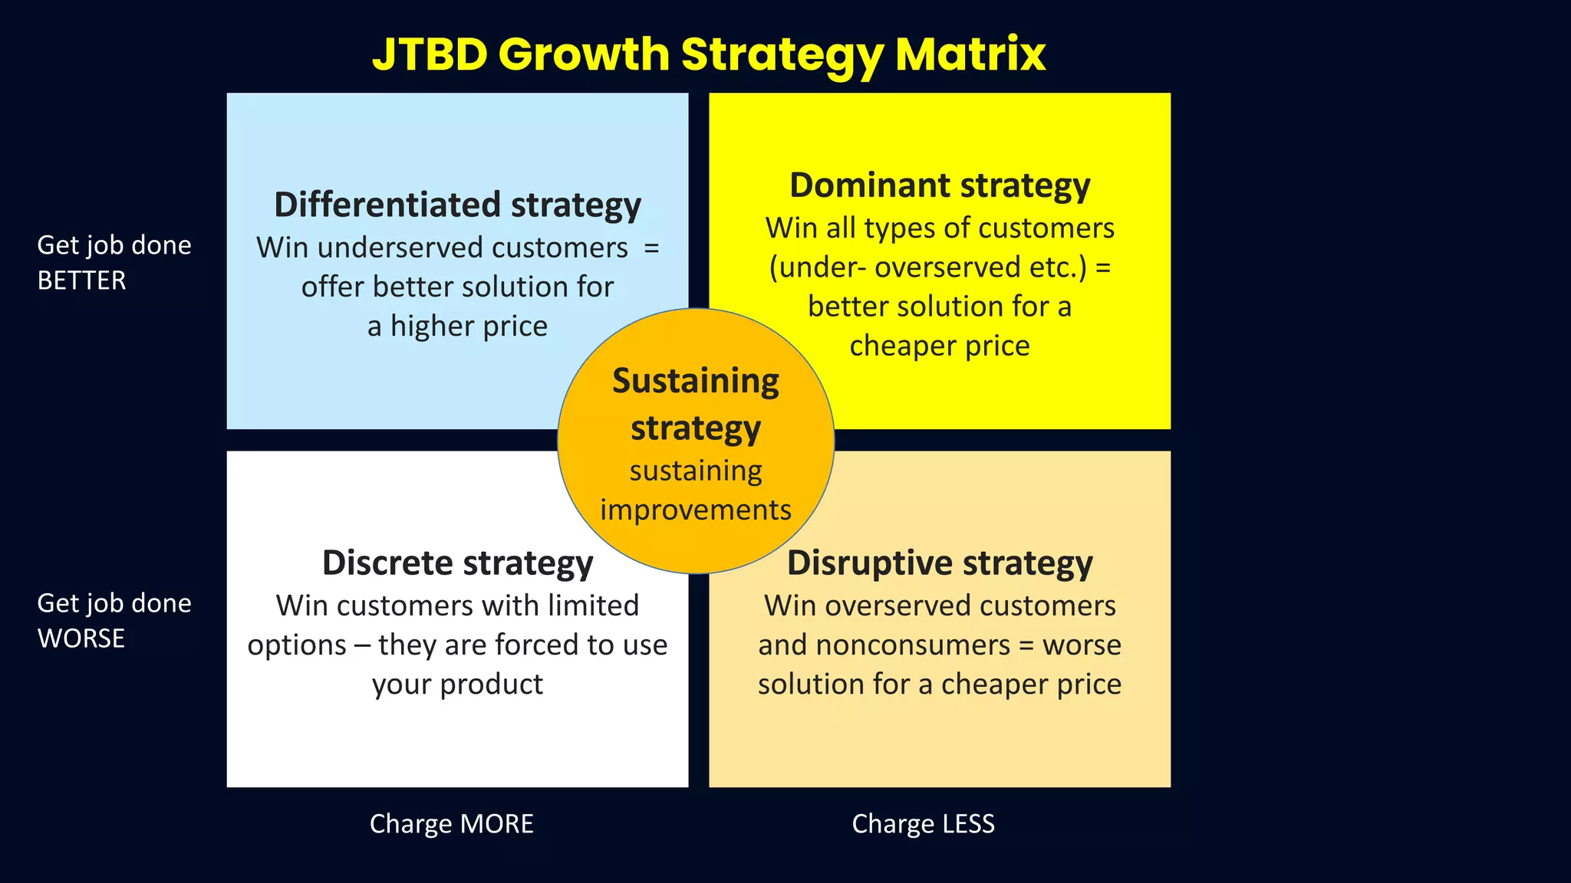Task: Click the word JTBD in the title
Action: (430, 54)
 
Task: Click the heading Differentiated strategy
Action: (457, 205)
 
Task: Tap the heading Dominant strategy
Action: (940, 186)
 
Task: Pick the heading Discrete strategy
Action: (457, 563)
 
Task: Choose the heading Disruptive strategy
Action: (940, 563)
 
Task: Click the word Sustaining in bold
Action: (695, 382)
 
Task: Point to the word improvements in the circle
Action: (695, 510)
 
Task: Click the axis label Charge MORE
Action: (451, 824)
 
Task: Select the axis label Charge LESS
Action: (923, 824)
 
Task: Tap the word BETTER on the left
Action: (81, 281)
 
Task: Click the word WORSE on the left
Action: (81, 638)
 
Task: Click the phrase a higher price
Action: (457, 327)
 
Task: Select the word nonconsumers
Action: (913, 645)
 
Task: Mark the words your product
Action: (457, 684)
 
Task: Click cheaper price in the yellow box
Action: (940, 346)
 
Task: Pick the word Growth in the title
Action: (584, 54)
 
